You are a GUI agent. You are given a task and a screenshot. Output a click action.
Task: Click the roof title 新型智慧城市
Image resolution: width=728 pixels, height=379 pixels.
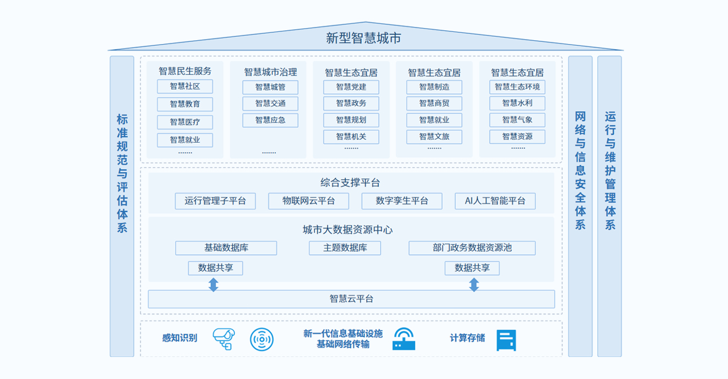(x=363, y=38)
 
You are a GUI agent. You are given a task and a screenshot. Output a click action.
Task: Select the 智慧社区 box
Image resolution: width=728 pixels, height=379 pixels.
(x=185, y=86)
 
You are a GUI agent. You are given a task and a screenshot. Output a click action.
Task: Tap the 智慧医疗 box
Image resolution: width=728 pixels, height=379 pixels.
(x=185, y=122)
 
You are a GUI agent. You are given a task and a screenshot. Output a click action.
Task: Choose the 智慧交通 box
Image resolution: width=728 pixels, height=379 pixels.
(x=270, y=104)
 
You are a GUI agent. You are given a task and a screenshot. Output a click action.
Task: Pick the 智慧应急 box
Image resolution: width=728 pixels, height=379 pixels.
(x=270, y=120)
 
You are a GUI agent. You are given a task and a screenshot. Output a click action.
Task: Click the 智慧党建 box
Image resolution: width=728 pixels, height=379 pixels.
(x=351, y=87)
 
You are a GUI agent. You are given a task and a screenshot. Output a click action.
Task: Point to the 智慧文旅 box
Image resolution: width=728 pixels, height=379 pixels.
(x=434, y=137)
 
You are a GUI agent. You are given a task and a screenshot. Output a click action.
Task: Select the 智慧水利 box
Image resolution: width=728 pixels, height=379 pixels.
(x=517, y=103)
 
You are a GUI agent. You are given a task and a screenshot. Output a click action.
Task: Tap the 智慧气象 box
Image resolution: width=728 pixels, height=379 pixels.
(x=517, y=120)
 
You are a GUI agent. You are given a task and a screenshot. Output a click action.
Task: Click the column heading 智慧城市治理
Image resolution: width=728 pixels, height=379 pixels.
(x=270, y=72)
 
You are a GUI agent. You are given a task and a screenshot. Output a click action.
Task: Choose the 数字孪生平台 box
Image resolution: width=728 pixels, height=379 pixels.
(x=402, y=201)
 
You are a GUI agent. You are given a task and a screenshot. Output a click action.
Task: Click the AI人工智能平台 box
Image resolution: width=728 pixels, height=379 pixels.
(x=495, y=201)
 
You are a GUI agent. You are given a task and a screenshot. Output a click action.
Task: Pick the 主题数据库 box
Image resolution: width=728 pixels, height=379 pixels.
(x=345, y=248)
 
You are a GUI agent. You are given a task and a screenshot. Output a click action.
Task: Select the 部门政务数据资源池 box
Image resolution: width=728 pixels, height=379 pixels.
(x=472, y=248)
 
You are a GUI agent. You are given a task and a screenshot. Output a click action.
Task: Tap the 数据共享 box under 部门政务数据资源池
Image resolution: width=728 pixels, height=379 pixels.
(x=472, y=268)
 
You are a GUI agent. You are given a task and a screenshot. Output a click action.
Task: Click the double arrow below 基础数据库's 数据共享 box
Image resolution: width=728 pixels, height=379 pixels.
(x=213, y=285)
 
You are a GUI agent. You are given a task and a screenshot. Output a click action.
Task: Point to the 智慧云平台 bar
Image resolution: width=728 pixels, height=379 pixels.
(x=351, y=299)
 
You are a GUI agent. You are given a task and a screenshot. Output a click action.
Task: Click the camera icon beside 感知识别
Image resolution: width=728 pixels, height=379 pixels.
(x=224, y=339)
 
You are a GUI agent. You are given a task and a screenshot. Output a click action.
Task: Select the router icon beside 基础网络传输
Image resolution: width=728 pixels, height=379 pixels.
(x=404, y=339)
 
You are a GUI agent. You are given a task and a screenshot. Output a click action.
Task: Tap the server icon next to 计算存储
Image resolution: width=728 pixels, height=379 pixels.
(x=506, y=340)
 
